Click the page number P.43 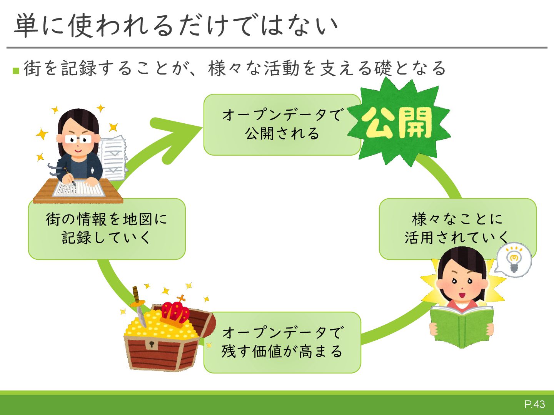[x=534, y=404]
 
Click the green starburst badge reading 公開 [x=399, y=123]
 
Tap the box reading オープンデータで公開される [x=282, y=125]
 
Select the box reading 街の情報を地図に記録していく [x=107, y=229]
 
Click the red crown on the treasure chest [x=175, y=313]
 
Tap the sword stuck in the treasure [x=138, y=303]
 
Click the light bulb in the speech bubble [x=514, y=259]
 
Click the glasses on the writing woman [x=78, y=139]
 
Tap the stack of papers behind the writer [x=113, y=158]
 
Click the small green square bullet [x=16, y=71]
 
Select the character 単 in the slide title [x=26, y=26]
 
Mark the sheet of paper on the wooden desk [x=79, y=188]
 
